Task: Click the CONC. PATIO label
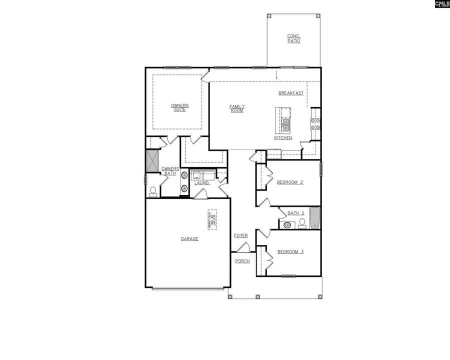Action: pos(293,38)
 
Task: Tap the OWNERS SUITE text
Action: pos(179,107)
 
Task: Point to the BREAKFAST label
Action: pos(291,93)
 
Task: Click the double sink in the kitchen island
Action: pos(286,124)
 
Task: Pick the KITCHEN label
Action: pos(283,138)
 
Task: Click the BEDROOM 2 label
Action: pos(290,182)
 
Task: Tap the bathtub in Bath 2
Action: pos(314,218)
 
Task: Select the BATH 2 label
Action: pos(295,213)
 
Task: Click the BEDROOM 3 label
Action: pos(290,251)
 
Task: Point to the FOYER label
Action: pos(240,235)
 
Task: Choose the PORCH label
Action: pos(242,261)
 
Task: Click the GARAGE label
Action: pos(189,239)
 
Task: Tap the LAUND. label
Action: pos(202,183)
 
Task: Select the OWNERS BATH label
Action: pos(170,171)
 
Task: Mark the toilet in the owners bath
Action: pos(152,191)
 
